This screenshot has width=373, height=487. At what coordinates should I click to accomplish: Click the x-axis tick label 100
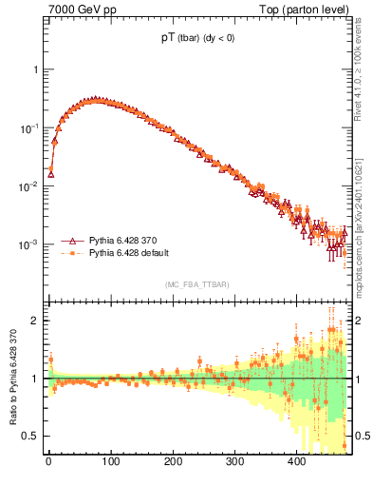click(110, 462)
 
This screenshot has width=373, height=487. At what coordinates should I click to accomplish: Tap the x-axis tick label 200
click(173, 462)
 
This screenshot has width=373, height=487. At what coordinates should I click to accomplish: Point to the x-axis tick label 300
click(234, 462)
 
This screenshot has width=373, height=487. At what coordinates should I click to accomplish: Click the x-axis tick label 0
click(48, 462)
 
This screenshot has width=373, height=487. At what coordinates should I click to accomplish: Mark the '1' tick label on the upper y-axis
click(36, 69)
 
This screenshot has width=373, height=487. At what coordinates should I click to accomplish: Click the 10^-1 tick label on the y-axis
click(30, 127)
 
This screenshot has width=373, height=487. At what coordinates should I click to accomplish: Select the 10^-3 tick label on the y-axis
click(30, 244)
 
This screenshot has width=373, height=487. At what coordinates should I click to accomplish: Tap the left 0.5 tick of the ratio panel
click(31, 436)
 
